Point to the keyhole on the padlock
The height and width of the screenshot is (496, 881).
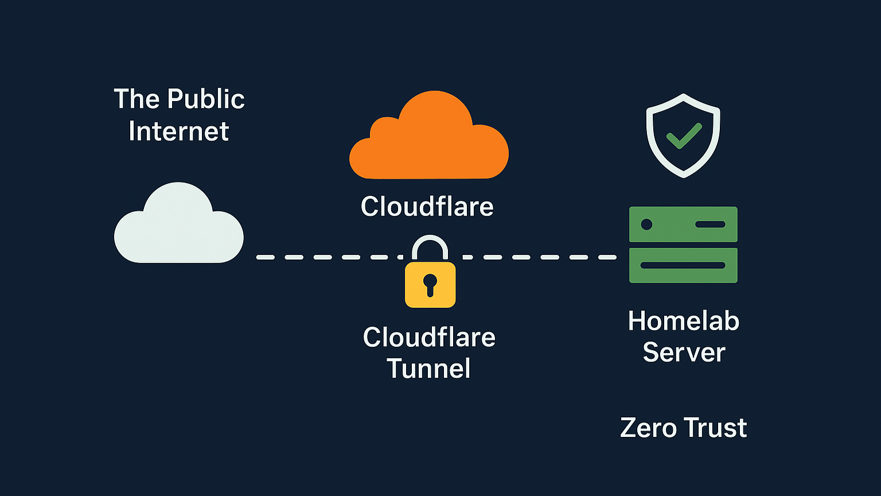(x=430, y=283)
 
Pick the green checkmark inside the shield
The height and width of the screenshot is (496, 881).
(x=683, y=135)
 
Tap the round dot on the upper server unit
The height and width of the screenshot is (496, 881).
(x=646, y=224)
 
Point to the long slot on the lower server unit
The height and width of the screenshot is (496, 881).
(x=683, y=265)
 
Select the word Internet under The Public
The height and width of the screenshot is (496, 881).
(x=178, y=131)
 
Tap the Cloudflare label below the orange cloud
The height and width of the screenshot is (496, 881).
(x=427, y=206)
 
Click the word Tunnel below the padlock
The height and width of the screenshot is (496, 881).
(x=428, y=368)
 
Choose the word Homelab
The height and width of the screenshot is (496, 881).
(x=683, y=320)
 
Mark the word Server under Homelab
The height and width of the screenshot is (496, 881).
(x=684, y=352)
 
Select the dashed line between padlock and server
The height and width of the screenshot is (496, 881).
(x=539, y=257)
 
